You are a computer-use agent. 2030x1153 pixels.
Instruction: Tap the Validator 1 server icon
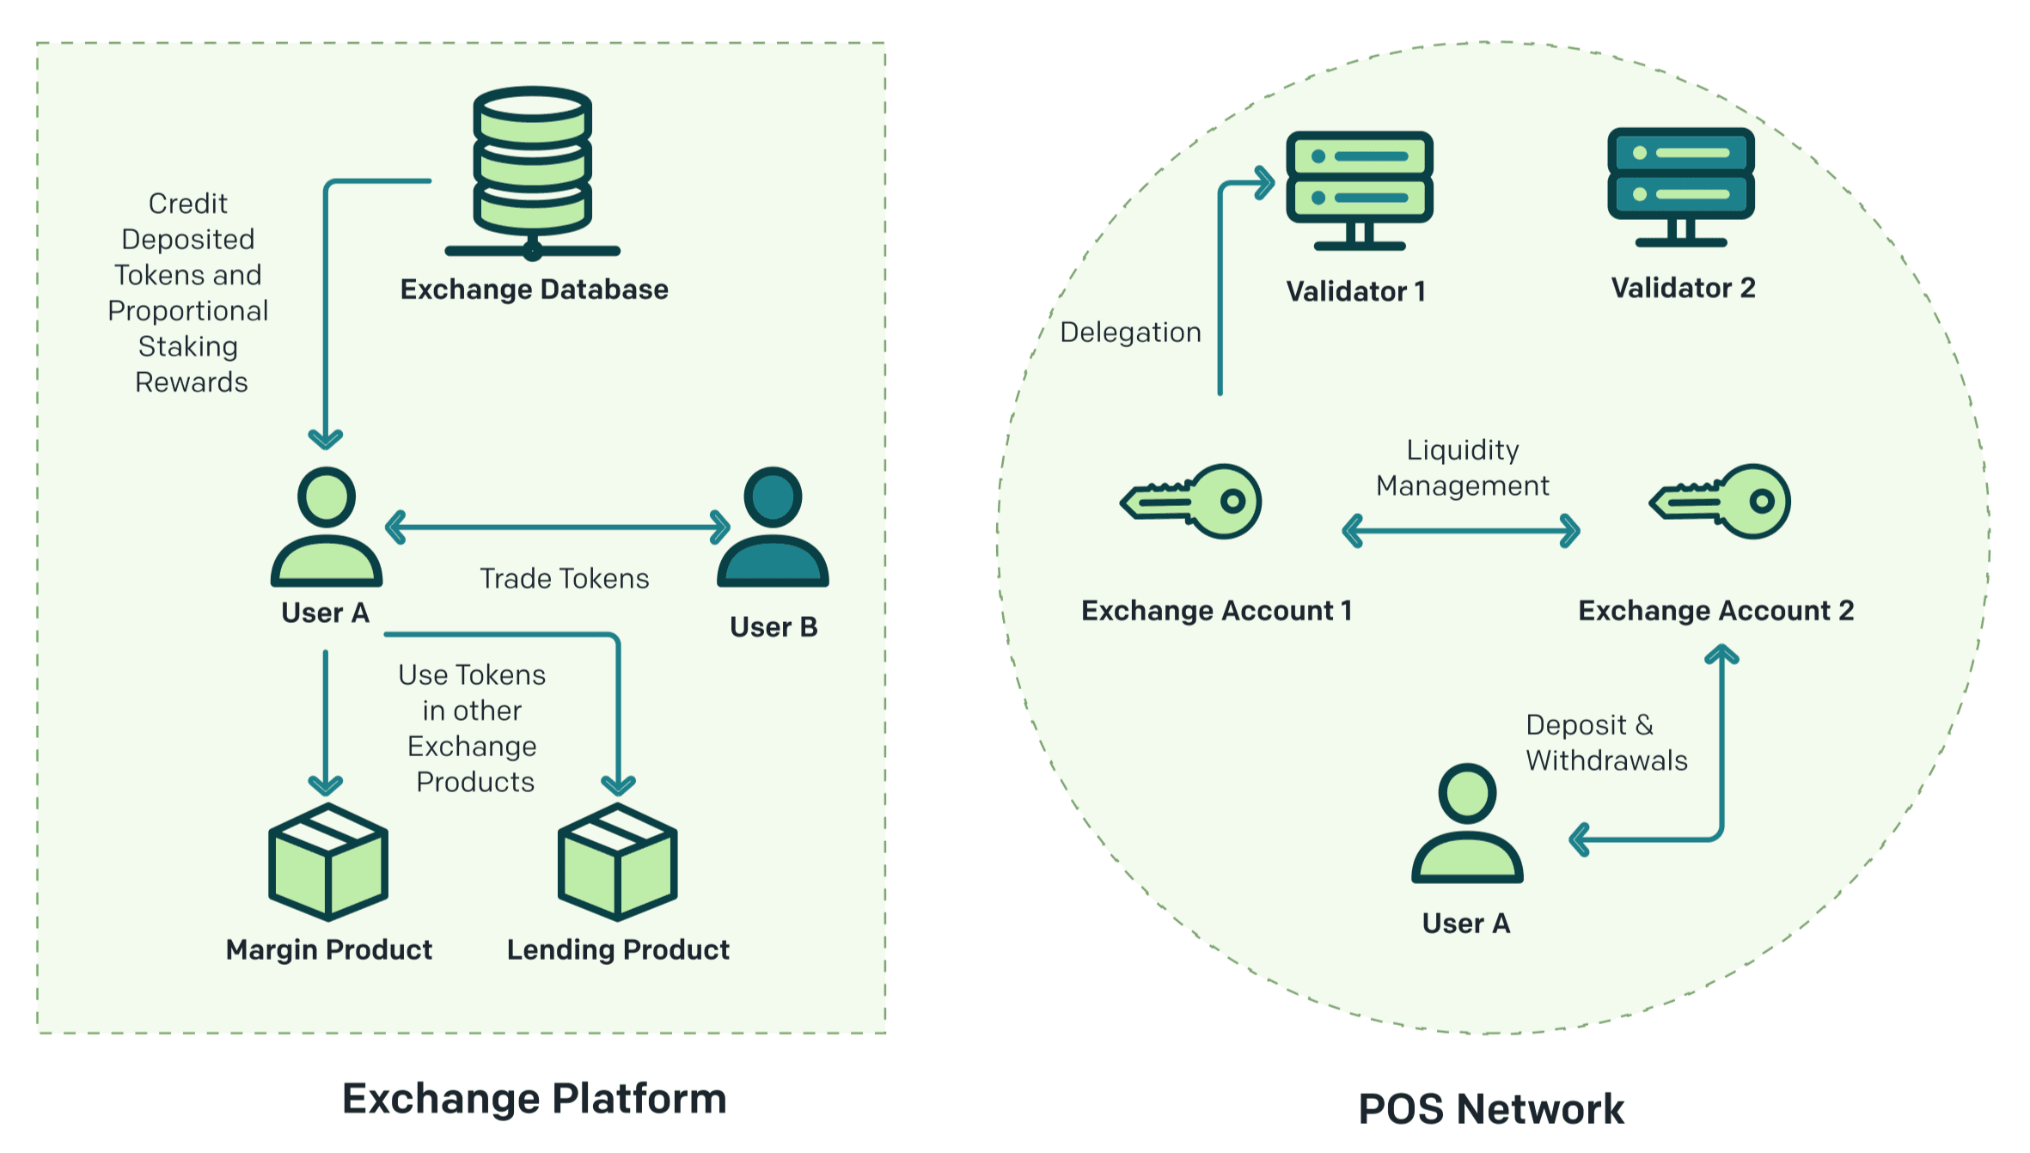click(1359, 188)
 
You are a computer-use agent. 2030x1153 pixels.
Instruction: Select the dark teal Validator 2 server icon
click(1680, 186)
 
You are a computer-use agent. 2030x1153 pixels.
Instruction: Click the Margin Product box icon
click(328, 861)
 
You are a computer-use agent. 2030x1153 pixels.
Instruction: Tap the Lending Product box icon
click(617, 861)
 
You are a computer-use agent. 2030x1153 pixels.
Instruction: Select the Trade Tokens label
click(564, 579)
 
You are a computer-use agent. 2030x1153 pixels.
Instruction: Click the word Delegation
click(1130, 332)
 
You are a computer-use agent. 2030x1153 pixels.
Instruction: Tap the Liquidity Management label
click(1462, 468)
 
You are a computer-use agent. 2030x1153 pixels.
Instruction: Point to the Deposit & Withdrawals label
click(1605, 743)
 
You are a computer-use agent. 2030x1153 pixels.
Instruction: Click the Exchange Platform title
click(534, 1099)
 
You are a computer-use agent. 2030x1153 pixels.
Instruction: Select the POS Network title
click(1491, 1109)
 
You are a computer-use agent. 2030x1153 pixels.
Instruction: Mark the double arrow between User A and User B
click(558, 528)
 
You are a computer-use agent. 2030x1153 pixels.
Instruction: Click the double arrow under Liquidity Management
click(1461, 531)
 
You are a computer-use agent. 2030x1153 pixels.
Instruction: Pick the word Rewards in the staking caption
click(192, 382)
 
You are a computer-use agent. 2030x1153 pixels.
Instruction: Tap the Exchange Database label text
click(534, 290)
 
